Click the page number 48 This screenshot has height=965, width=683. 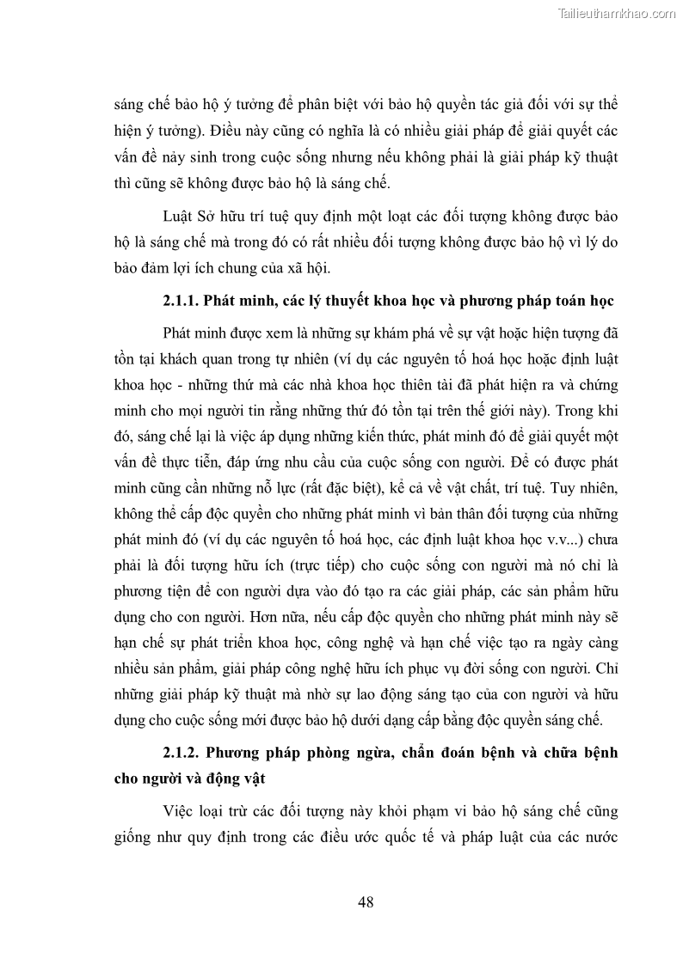click(x=365, y=901)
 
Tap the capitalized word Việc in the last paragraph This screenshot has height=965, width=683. click(x=178, y=810)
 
